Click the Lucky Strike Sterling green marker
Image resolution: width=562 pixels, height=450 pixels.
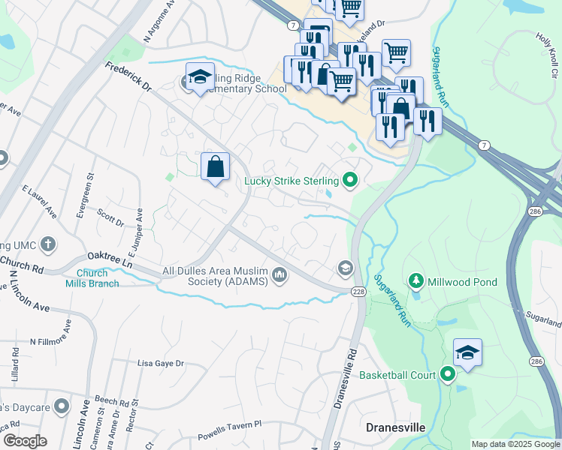click(x=349, y=180)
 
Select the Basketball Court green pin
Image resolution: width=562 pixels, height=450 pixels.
click(x=449, y=374)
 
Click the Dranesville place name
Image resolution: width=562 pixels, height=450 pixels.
click(x=395, y=427)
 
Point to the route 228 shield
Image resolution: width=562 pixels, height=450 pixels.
click(x=358, y=290)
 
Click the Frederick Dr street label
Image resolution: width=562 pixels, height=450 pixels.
click(x=128, y=78)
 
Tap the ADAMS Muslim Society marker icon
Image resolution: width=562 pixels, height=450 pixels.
click(x=280, y=276)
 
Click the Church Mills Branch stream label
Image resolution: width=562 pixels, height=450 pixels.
click(x=98, y=278)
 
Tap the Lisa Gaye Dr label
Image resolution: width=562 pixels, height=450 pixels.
click(x=160, y=363)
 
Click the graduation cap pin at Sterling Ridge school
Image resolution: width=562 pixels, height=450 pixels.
click(x=200, y=78)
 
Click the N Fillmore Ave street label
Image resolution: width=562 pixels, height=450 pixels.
click(x=52, y=334)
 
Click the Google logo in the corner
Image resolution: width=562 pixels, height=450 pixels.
click(x=25, y=441)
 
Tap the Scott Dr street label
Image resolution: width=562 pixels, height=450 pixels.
click(x=110, y=217)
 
